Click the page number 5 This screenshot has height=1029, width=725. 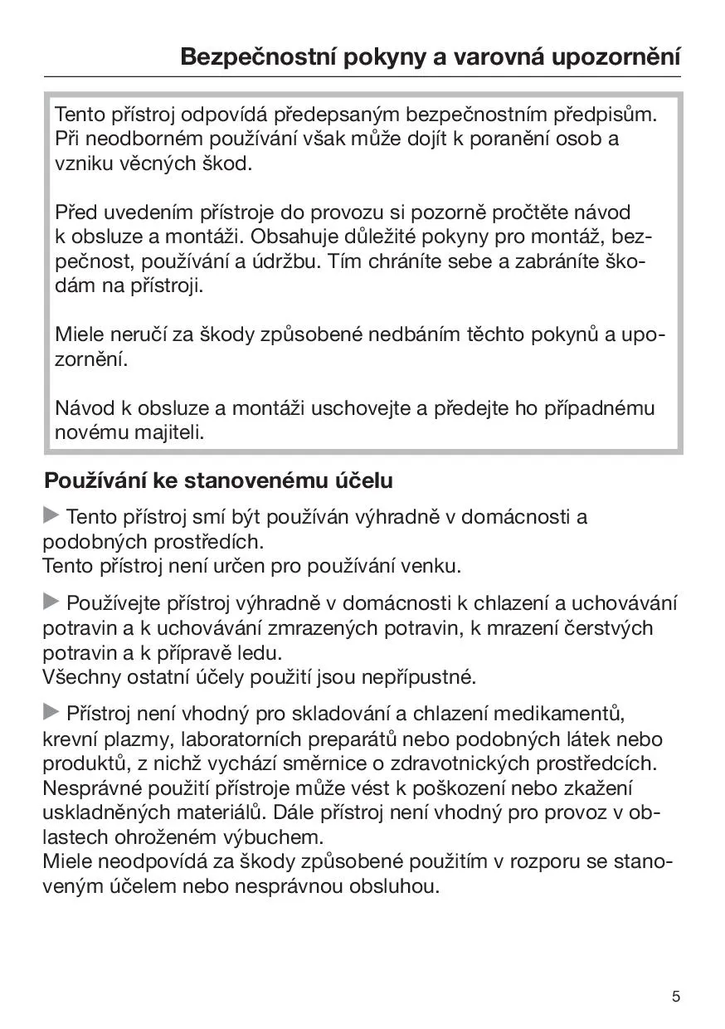[x=676, y=997]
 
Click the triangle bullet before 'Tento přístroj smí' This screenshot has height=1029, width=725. [x=51, y=516]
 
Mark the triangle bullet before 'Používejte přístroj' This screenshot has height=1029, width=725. [x=51, y=601]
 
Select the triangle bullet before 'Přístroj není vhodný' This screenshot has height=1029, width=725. [x=51, y=711]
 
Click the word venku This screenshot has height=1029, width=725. [x=430, y=567]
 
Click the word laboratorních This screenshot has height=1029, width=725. [x=250, y=739]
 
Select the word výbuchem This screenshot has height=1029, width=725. [x=275, y=836]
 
